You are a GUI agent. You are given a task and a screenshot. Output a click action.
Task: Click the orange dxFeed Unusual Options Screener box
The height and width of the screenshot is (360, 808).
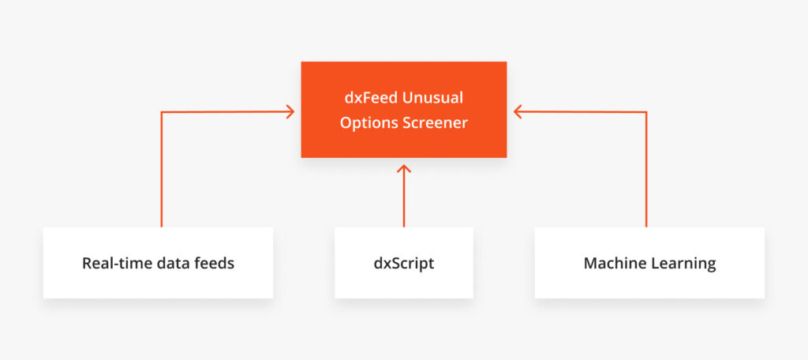pyautogui.click(x=403, y=109)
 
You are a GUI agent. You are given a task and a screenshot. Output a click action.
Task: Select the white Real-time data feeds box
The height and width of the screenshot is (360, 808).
pyautogui.click(x=158, y=263)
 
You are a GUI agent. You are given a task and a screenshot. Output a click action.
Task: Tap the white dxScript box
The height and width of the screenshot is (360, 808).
pyautogui.click(x=403, y=263)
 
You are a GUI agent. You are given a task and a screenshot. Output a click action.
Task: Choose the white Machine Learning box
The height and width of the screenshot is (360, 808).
pyautogui.click(x=649, y=263)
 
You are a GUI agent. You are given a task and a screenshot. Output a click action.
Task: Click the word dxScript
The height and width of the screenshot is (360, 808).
pyautogui.click(x=404, y=264)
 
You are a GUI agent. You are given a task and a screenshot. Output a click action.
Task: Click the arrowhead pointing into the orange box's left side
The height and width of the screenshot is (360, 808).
pyautogui.click(x=290, y=111)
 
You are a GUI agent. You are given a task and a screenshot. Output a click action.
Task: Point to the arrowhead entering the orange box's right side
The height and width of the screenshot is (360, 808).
pyautogui.click(x=518, y=111)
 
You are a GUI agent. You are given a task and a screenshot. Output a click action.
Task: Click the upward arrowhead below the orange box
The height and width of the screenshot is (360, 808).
pyautogui.click(x=404, y=169)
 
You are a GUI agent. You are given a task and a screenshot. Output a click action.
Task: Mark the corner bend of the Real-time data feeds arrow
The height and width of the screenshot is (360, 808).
pyautogui.click(x=162, y=112)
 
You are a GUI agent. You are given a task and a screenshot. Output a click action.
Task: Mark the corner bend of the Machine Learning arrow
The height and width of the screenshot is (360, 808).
pyautogui.click(x=646, y=112)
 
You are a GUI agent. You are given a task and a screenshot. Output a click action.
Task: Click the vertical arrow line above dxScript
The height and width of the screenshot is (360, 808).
pyautogui.click(x=404, y=196)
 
